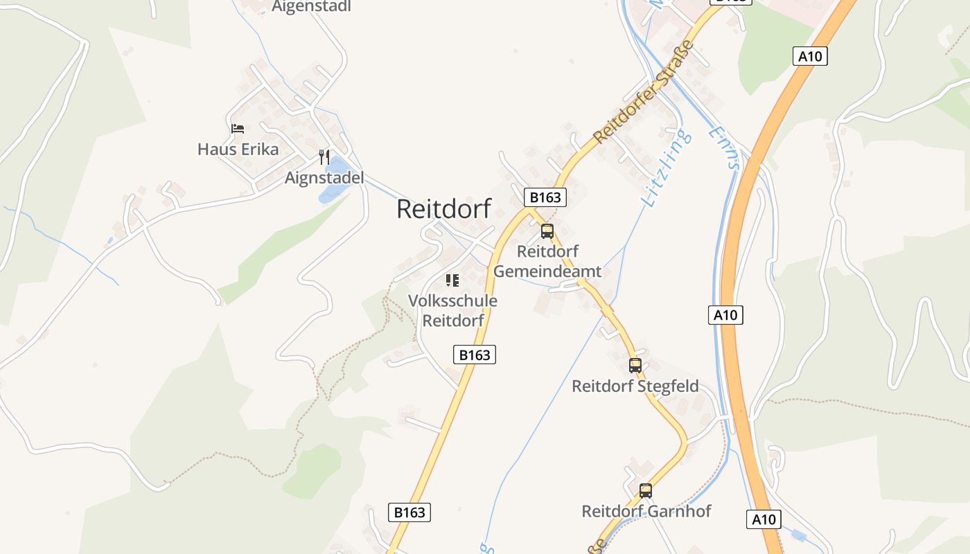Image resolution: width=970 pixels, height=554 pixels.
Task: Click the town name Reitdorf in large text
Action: point(443,208)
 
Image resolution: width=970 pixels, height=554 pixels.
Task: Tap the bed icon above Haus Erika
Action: point(238,129)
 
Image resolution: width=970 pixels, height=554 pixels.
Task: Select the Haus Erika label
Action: point(238,149)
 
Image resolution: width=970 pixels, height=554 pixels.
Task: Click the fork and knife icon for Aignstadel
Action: point(324,157)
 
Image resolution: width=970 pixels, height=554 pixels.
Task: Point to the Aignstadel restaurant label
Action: point(324,178)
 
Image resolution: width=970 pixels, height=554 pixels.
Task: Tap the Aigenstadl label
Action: point(311,6)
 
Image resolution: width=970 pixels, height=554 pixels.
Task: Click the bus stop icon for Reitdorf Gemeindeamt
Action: point(547,231)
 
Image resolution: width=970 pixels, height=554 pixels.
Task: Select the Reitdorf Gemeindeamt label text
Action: point(547,261)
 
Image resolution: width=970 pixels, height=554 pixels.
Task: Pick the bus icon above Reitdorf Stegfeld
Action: point(635,366)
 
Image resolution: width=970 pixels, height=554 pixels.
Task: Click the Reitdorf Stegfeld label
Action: point(635,386)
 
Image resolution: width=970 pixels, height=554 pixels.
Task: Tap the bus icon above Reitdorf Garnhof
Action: point(646,491)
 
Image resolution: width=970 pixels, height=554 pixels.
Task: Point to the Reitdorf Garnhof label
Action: point(646,511)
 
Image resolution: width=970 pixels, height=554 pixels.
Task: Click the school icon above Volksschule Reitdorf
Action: point(452,280)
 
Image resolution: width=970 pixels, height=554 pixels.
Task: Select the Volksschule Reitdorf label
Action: point(452,311)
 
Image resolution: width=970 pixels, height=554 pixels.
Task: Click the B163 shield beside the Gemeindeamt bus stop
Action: point(545,197)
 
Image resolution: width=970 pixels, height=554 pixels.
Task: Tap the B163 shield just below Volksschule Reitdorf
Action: point(475,355)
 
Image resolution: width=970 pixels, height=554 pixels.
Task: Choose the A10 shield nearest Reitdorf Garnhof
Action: point(764,519)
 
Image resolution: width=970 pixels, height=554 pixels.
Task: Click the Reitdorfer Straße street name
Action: point(644,92)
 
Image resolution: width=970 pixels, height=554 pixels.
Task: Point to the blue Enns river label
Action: point(725,148)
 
